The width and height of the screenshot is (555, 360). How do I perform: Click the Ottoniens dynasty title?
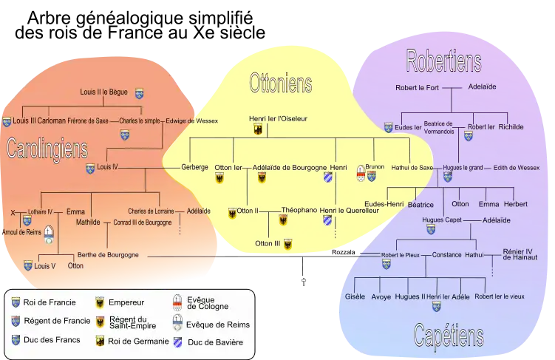[x=280, y=83]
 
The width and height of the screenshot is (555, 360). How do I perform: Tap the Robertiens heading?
[x=443, y=61]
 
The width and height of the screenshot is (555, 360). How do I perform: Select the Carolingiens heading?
[x=47, y=149]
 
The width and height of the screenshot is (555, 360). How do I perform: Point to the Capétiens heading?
[x=448, y=337]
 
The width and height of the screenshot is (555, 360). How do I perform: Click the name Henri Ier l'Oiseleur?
[x=278, y=118]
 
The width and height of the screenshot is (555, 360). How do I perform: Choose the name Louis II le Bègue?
[x=103, y=93]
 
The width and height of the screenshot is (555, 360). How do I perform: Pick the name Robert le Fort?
[x=417, y=86]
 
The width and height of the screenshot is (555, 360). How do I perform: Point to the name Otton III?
[x=268, y=242]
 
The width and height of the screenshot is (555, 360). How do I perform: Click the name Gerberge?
[x=194, y=167]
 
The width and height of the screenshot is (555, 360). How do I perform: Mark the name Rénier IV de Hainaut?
[x=520, y=254]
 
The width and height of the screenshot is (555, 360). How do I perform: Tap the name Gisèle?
[x=355, y=296]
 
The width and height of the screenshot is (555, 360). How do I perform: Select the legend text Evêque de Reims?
[x=219, y=325]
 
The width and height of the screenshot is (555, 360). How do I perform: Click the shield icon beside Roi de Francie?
[x=16, y=302]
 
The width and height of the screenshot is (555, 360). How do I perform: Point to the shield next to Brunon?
[x=361, y=174]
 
